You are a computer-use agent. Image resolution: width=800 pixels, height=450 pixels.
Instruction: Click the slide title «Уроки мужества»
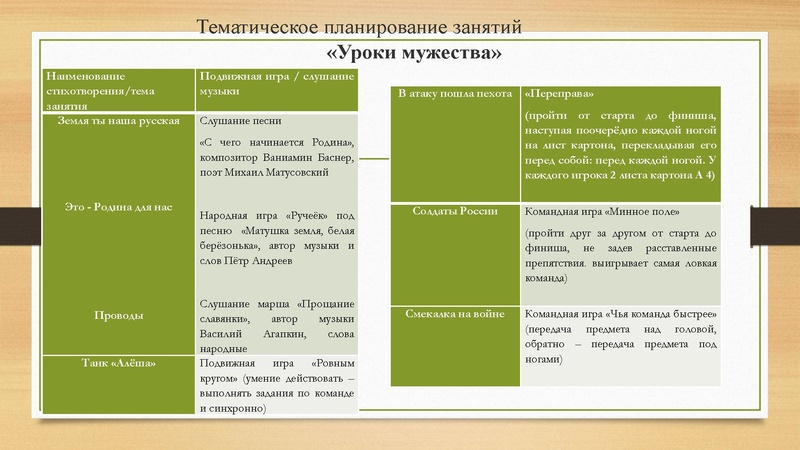(414, 51)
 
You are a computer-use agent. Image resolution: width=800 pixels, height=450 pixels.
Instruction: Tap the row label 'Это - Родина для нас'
(119, 207)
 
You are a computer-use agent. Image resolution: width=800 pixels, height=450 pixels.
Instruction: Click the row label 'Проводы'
(119, 315)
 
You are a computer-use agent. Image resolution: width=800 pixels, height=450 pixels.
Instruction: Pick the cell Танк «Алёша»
(119, 364)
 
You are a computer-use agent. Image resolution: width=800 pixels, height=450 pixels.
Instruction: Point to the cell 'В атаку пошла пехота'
(454, 93)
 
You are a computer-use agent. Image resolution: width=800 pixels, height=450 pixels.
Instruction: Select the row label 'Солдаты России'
(454, 212)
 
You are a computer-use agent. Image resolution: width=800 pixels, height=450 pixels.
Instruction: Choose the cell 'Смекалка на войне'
(454, 312)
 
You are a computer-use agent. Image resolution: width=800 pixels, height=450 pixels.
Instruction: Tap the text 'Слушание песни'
(238, 122)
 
